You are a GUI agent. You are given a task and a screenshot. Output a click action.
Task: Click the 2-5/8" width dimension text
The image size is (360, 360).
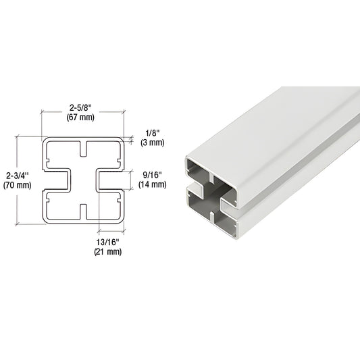tap(82, 106)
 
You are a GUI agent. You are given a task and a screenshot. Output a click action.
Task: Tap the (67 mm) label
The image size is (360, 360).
tap(82, 117)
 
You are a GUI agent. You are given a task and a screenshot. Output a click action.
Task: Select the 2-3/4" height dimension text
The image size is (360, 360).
tap(15, 174)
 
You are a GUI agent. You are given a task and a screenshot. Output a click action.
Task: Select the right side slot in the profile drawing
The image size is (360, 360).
tap(111, 180)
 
